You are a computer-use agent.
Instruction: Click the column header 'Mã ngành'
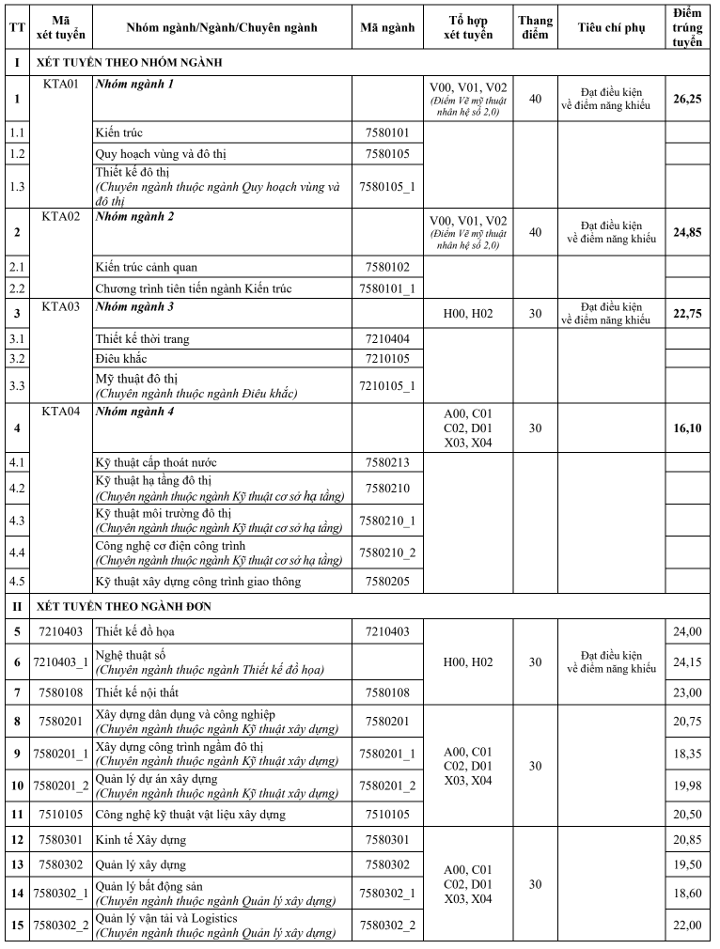[387, 27]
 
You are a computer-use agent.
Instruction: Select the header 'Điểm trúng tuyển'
[687, 27]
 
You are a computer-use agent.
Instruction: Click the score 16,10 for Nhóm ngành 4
[687, 428]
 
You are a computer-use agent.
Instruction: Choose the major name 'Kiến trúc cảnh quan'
[147, 267]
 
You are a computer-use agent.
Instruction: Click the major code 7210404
[387, 339]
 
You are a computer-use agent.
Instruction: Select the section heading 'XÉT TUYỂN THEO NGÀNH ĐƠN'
[124, 606]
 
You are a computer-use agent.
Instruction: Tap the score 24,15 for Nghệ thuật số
[687, 662]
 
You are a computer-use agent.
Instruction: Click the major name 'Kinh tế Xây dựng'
[141, 839]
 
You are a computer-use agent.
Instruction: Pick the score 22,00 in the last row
[687, 926]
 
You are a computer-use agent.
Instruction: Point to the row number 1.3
[17, 186]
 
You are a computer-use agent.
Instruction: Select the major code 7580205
[387, 582]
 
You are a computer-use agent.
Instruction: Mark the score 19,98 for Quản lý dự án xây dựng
[687, 786]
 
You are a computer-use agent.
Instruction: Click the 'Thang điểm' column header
[535, 27]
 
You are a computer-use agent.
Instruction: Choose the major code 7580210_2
[387, 552]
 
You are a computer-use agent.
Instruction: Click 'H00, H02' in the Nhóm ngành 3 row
[468, 313]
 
